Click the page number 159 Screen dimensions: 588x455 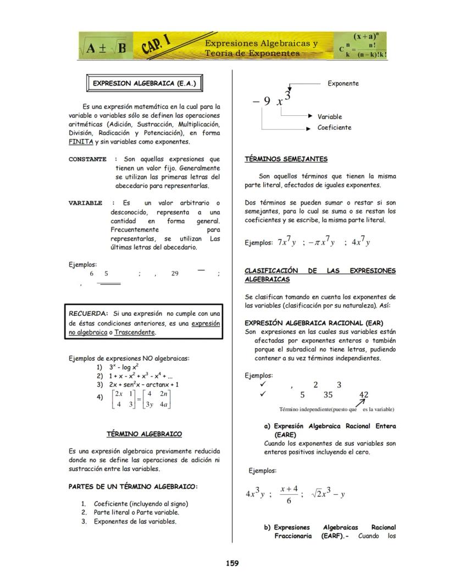(232, 563)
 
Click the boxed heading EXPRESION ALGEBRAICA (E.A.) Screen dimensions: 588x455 (142, 84)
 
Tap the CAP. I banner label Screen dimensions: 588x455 (157, 44)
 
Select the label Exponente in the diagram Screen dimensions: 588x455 (343, 83)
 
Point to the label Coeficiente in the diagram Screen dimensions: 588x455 (334, 127)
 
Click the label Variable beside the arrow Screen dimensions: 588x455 (329, 116)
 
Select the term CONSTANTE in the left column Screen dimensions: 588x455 (87, 159)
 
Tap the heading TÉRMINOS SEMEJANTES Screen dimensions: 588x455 (286, 159)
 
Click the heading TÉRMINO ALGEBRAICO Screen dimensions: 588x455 (144, 434)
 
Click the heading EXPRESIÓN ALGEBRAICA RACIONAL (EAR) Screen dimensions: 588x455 (314, 323)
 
